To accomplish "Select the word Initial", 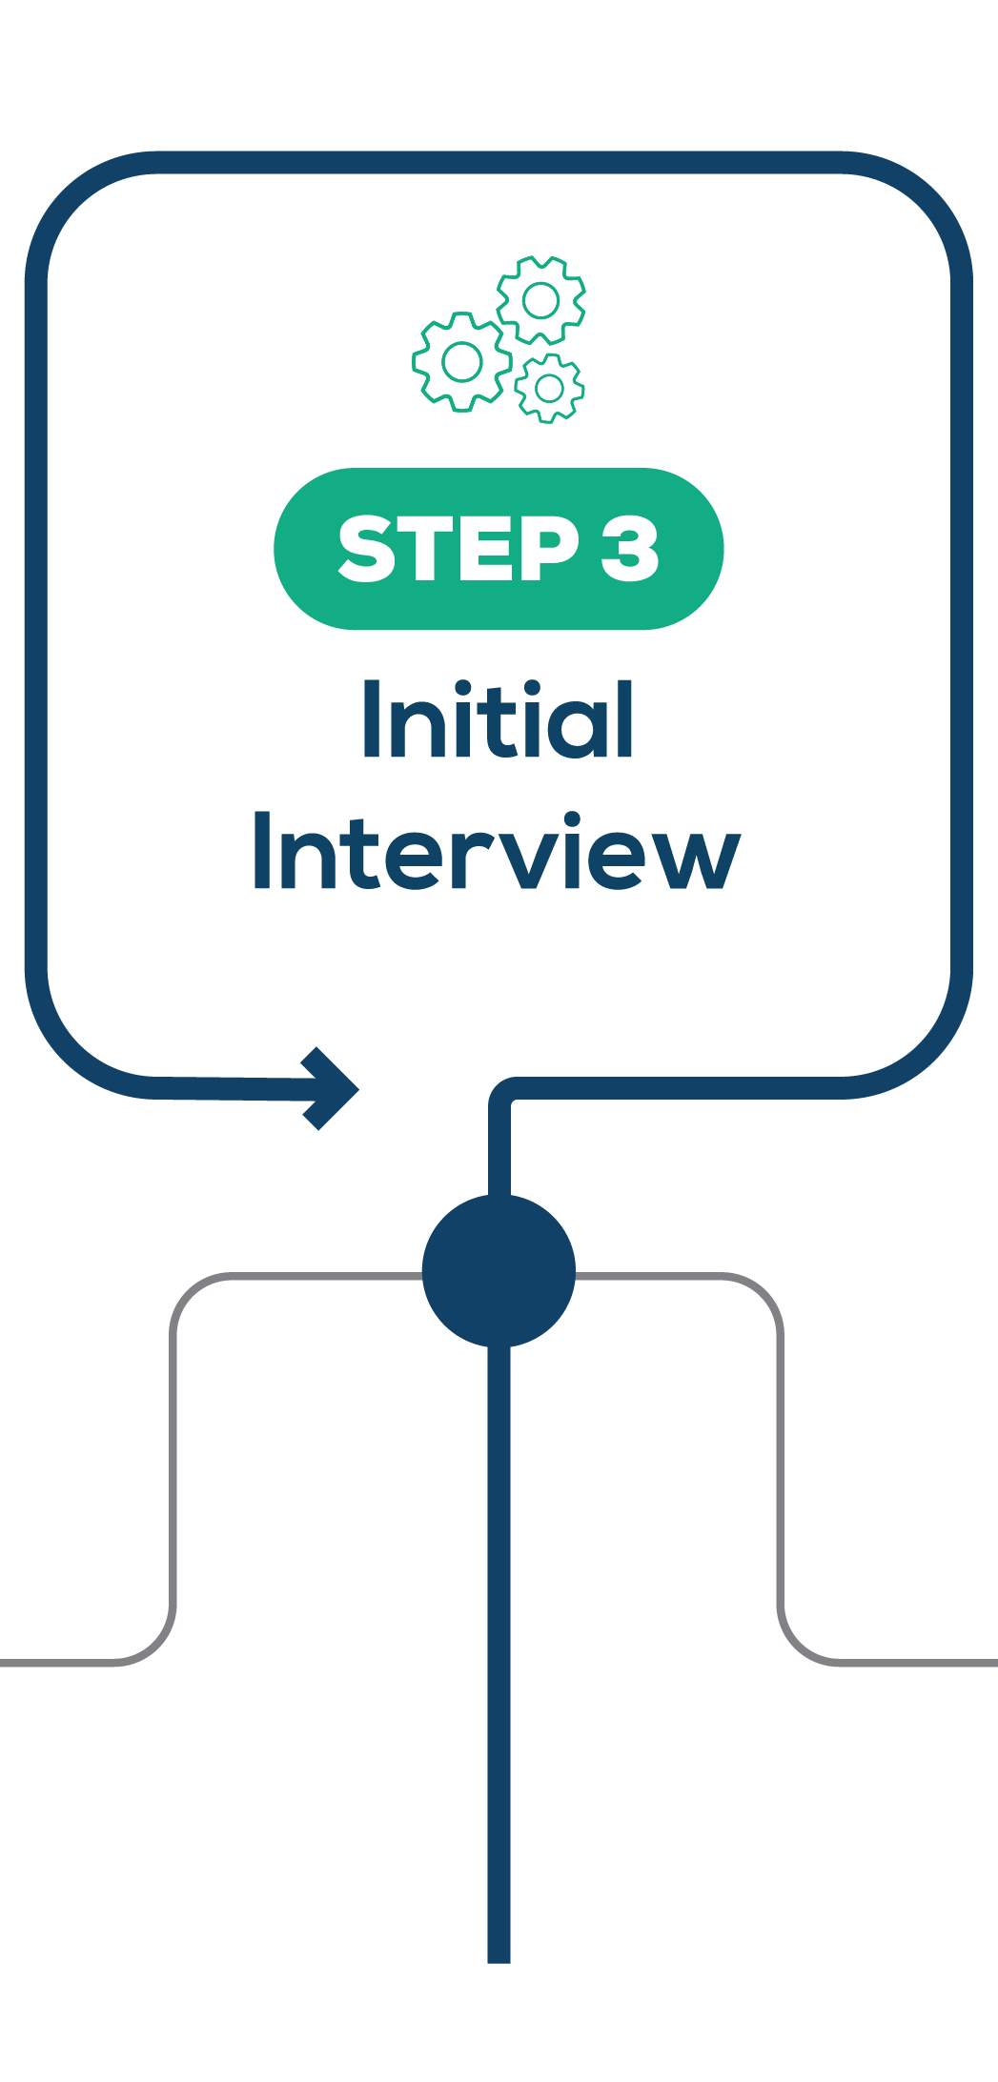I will pyautogui.click(x=498, y=719).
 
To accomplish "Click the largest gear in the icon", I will pyautogui.click(x=462, y=361).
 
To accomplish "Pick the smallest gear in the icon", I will pyautogui.click(x=549, y=388).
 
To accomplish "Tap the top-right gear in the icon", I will pyautogui.click(x=540, y=300).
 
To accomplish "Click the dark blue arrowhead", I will pyautogui.click(x=329, y=1088).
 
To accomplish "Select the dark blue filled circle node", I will pyautogui.click(x=499, y=1271).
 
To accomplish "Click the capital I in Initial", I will pyautogui.click(x=370, y=719).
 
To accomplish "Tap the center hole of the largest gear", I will pyautogui.click(x=462, y=361).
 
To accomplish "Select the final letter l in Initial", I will pyautogui.click(x=625, y=719).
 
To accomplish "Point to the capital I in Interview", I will pyautogui.click(x=260, y=851).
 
